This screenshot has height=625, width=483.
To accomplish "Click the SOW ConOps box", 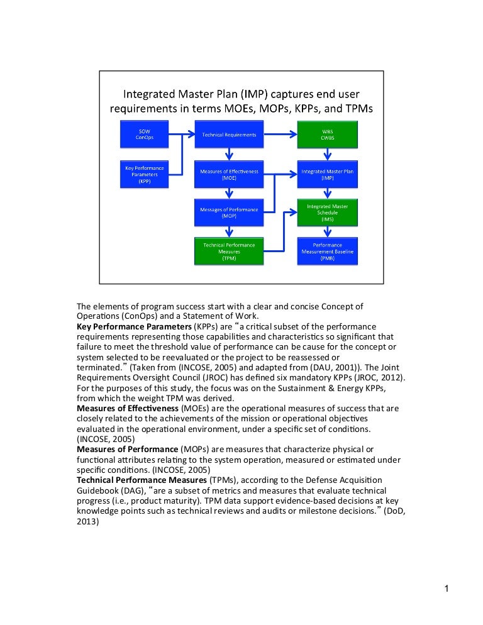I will (x=145, y=135).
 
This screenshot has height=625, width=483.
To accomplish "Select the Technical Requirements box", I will (x=229, y=135).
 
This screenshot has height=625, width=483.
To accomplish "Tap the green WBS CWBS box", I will (x=327, y=135).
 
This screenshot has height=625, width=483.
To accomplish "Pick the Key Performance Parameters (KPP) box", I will (x=145, y=174).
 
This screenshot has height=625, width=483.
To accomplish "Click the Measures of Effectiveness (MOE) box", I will (x=229, y=174).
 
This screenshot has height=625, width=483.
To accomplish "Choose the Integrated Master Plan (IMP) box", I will (x=327, y=174).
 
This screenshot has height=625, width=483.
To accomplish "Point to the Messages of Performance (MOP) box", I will (x=229, y=213).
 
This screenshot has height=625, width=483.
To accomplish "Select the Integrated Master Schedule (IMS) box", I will (x=327, y=213).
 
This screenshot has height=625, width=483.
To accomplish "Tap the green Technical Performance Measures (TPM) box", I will (x=229, y=250).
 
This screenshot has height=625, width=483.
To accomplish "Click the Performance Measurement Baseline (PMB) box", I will (x=327, y=250).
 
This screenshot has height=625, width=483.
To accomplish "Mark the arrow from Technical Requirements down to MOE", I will (x=230, y=153).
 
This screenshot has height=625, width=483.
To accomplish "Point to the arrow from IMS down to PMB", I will (x=327, y=231).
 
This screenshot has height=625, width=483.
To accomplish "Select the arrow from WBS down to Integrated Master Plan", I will (x=327, y=153).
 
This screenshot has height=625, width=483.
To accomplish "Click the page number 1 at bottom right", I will (x=445, y=589).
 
